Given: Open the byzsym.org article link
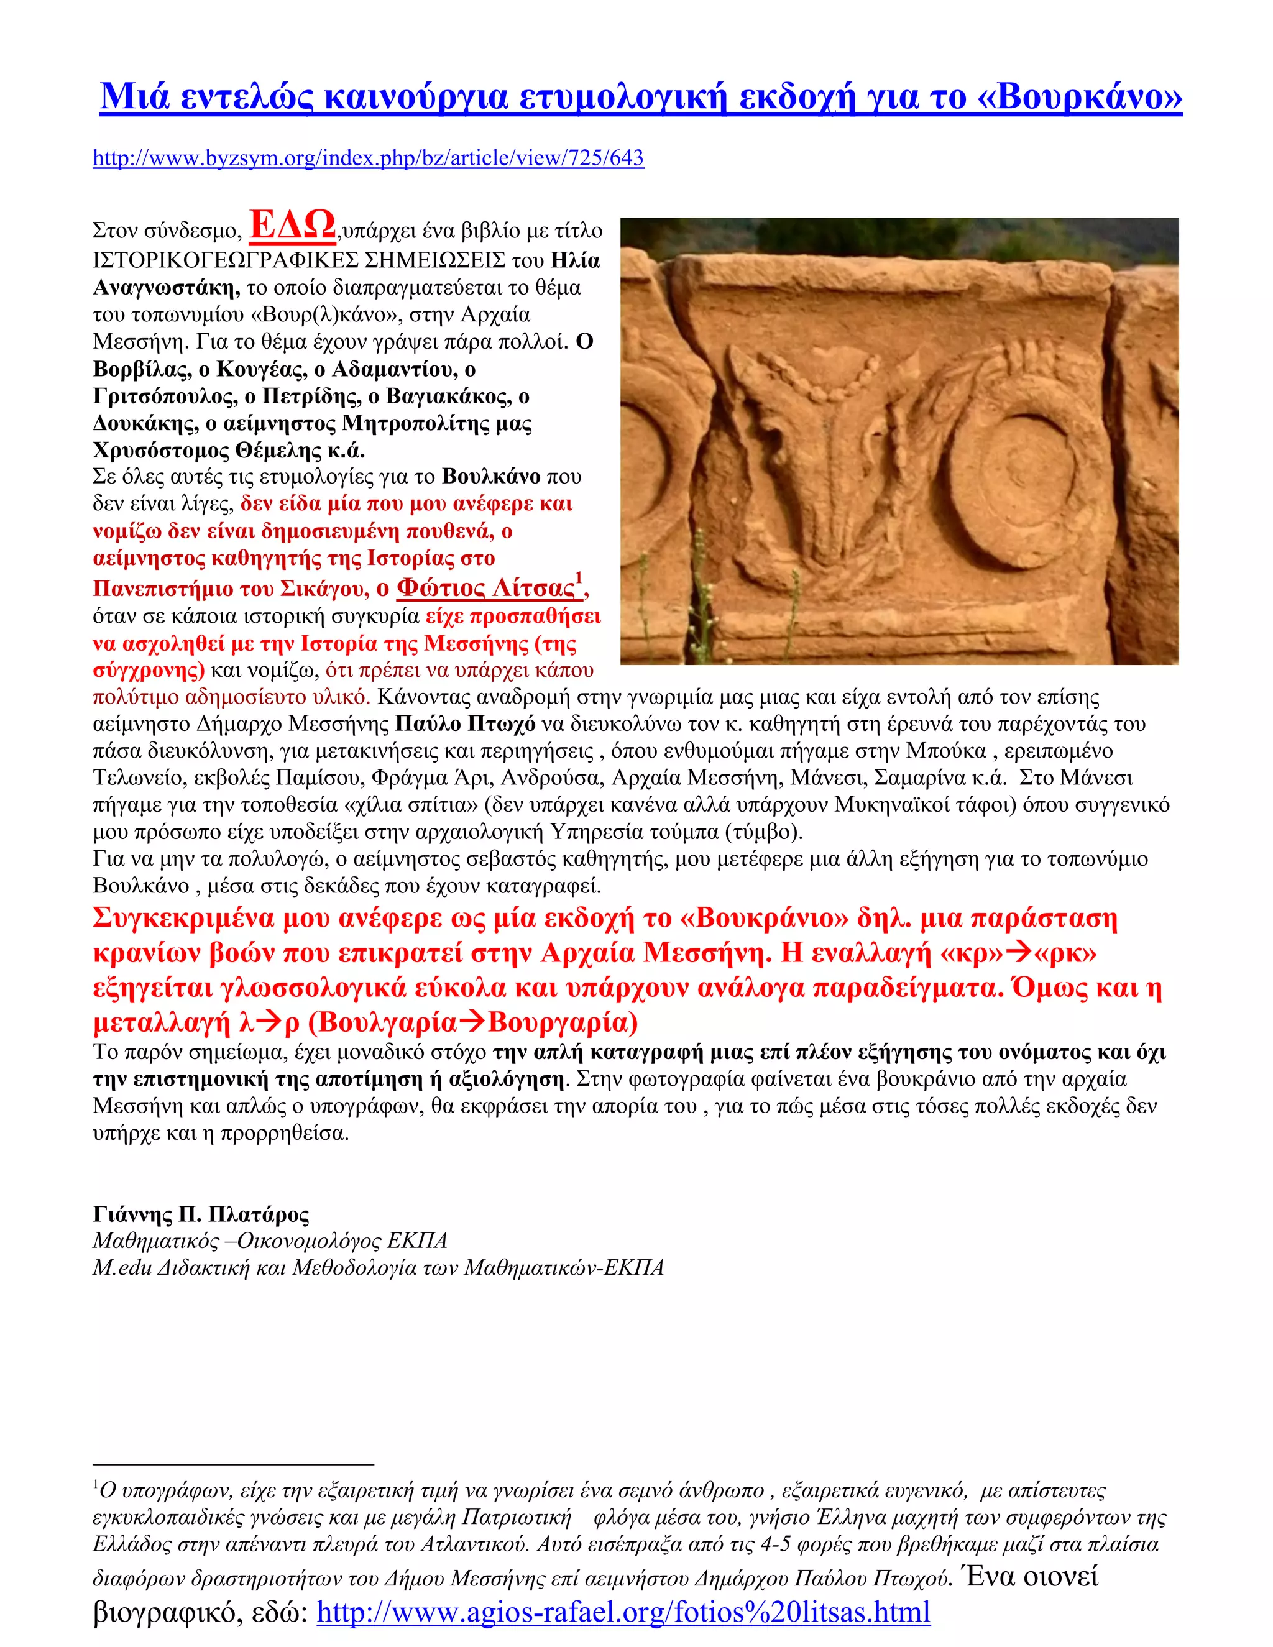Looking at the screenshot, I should [368, 158].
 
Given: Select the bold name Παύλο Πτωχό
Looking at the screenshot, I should [466, 724].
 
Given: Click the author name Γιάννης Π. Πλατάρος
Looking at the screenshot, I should [201, 1214].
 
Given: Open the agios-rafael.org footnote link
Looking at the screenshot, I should [623, 1612].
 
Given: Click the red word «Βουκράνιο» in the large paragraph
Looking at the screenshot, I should [764, 919].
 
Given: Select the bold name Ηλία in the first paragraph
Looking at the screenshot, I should [576, 261].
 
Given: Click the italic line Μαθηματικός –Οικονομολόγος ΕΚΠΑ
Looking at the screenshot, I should [270, 1241].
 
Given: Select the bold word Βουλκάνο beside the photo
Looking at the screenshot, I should [491, 477].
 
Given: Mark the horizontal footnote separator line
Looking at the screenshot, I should [233, 1464].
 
